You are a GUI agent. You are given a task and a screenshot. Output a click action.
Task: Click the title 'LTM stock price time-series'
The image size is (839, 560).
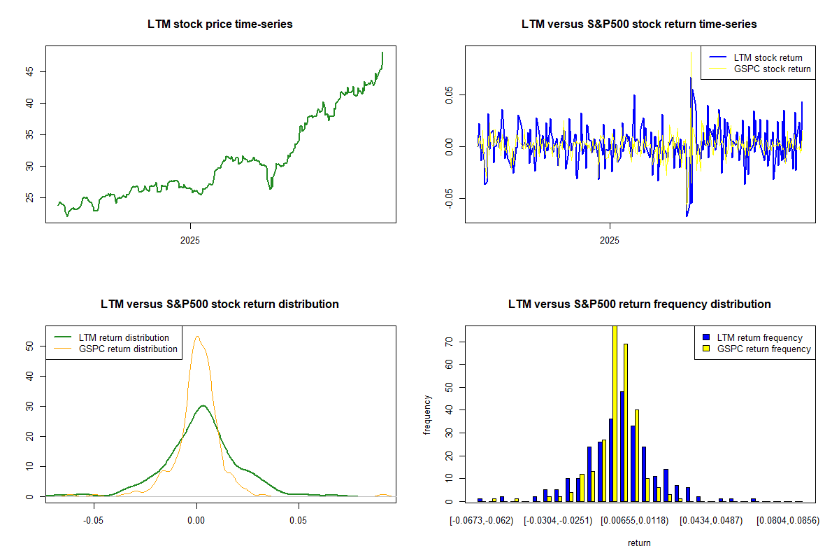220,24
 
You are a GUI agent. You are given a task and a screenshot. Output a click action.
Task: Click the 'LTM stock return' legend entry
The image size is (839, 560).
768,57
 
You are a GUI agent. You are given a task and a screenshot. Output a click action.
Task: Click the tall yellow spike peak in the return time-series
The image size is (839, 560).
691,52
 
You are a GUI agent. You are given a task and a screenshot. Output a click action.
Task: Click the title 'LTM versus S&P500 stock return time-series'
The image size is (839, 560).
639,24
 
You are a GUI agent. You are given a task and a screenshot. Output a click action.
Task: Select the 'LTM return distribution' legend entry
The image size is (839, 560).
124,337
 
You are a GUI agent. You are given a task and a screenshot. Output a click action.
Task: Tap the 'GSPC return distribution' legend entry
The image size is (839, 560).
128,349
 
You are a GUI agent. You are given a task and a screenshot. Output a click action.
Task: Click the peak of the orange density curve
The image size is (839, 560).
197,337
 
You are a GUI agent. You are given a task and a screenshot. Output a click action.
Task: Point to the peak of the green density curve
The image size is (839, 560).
203,406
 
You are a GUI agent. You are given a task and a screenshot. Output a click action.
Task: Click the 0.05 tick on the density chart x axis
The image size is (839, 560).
299,521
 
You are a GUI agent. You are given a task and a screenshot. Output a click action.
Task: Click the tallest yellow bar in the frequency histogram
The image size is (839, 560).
615,413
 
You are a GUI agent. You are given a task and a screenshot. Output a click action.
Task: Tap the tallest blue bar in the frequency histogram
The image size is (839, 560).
622,446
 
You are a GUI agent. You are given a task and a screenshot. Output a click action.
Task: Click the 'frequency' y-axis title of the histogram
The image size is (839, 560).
427,415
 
